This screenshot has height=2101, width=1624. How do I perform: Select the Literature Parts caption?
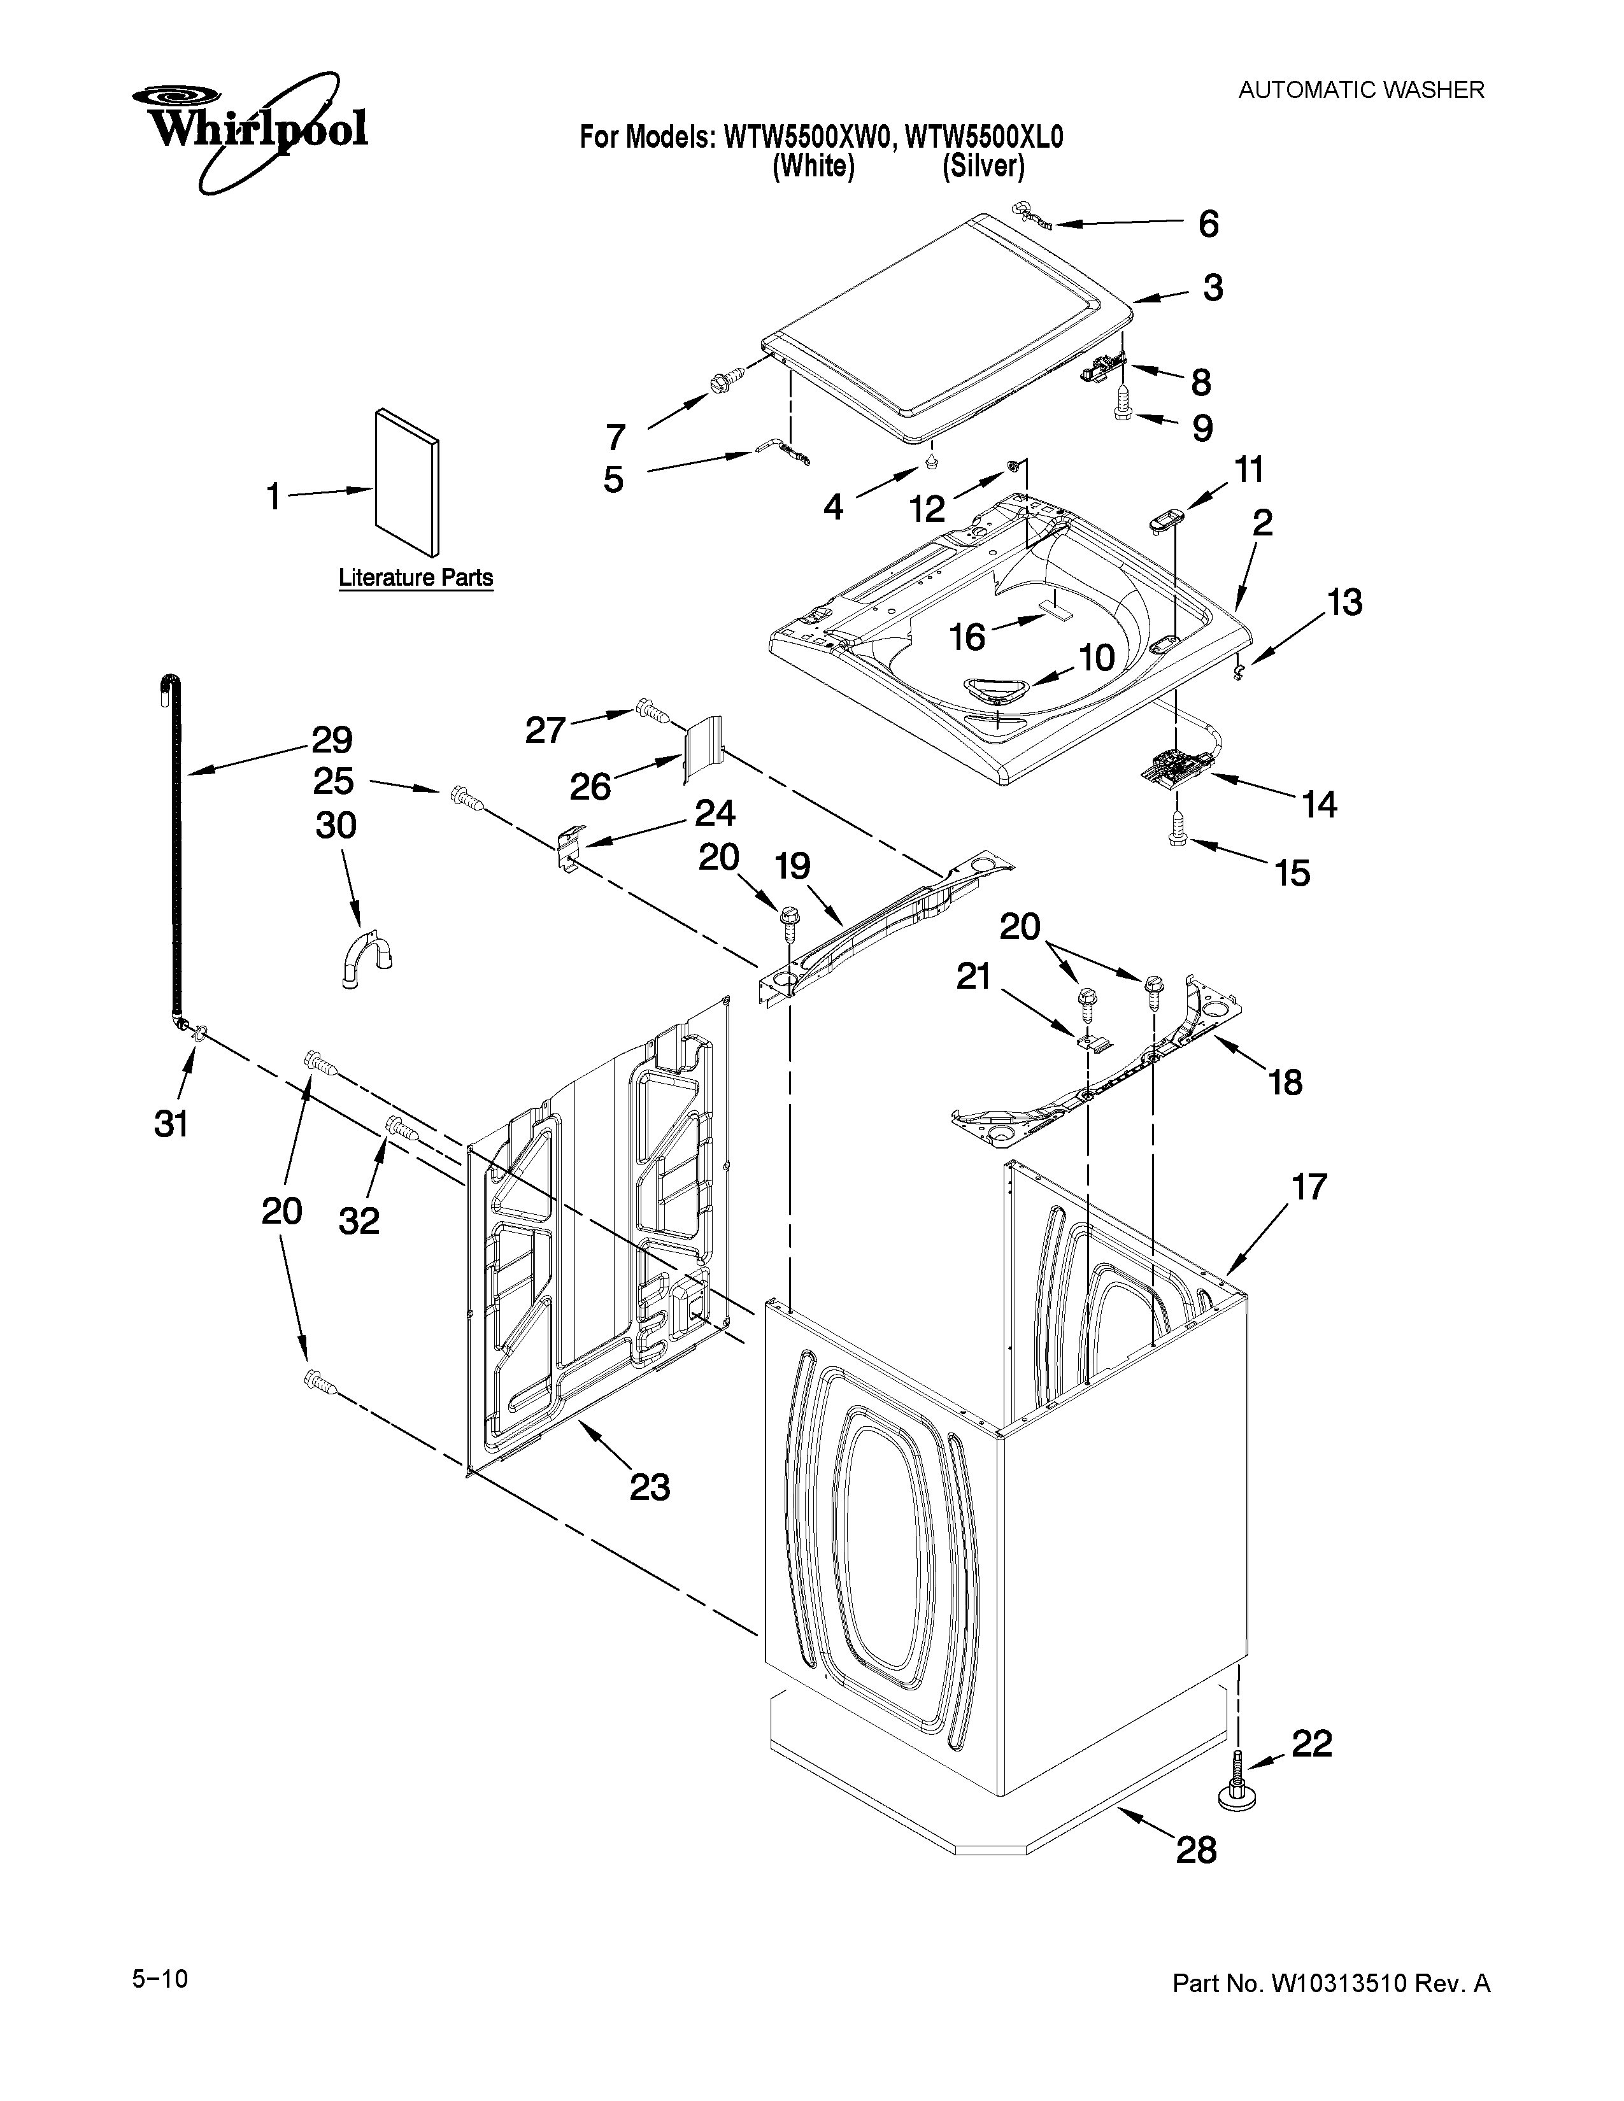416,578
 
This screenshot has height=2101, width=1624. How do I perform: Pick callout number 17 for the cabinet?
1309,1187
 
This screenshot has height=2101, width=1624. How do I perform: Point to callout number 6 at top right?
1208,224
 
